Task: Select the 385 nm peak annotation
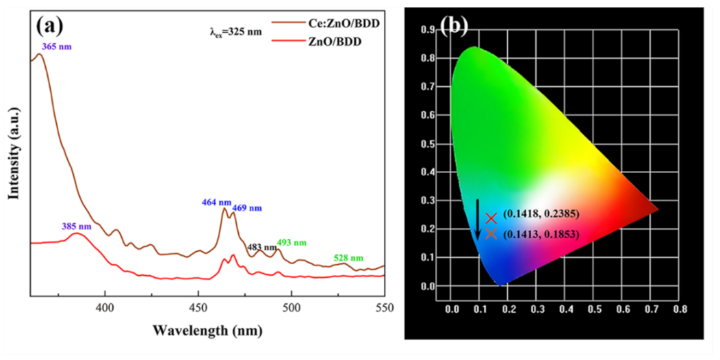pos(76,227)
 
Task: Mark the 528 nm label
pos(348,258)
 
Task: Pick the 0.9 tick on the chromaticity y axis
pos(429,29)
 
